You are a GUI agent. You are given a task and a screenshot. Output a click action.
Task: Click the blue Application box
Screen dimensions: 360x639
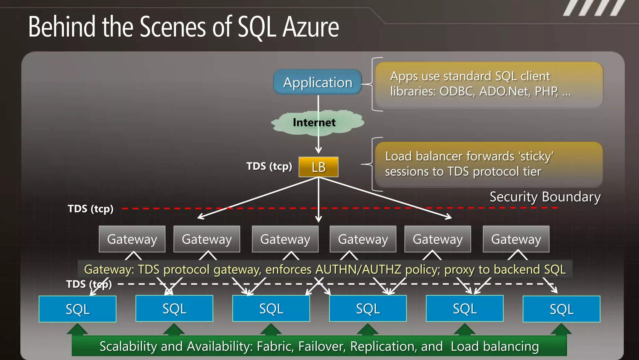pos(318,82)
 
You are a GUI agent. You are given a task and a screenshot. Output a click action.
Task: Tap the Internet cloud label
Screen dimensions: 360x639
pos(314,122)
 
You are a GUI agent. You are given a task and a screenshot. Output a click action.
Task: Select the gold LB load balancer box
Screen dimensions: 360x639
pos(318,167)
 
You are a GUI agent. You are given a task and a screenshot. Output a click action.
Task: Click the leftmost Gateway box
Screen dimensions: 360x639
pos(132,239)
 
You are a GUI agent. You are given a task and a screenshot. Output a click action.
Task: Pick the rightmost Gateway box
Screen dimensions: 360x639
pos(516,239)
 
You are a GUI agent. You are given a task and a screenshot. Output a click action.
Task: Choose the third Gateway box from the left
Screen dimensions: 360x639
pos(285,239)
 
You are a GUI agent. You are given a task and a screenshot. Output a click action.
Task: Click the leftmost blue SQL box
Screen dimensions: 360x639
pos(77,309)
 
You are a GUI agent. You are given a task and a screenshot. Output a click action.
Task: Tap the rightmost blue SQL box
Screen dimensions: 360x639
pos(561,309)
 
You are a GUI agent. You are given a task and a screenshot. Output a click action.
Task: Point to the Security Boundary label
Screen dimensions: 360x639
pos(545,197)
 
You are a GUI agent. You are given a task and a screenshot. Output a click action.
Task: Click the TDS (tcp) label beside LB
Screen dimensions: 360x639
pos(269,166)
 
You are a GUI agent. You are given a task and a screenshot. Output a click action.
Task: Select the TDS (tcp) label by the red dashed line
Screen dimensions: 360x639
pos(90,209)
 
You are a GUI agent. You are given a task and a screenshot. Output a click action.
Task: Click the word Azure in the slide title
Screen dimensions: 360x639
pos(311,27)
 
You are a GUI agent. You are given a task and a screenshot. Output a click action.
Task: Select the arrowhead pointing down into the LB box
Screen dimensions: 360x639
pos(318,150)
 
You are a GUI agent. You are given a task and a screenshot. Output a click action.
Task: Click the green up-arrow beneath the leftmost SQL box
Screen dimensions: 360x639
pos(77,329)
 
